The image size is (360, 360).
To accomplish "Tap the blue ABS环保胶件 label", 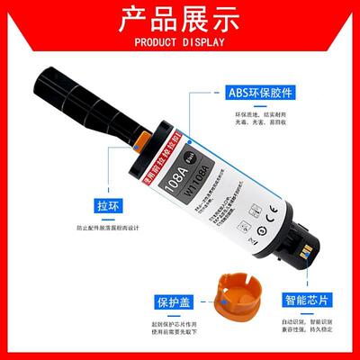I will (x=262, y=93).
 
